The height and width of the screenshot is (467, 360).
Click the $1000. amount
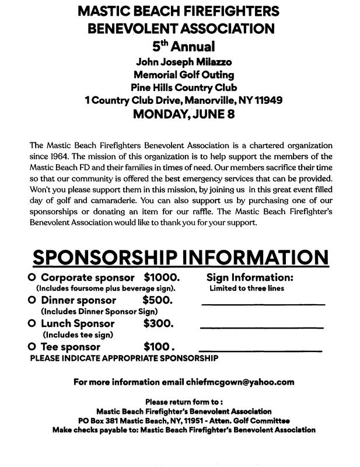click(x=162, y=277)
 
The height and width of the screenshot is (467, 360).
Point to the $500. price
click(x=158, y=301)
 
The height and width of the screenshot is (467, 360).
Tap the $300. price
click(x=158, y=323)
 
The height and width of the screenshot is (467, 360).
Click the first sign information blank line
click(x=263, y=304)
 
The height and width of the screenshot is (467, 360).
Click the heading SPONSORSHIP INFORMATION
click(x=180, y=258)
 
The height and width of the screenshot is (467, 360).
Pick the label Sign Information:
click(x=250, y=278)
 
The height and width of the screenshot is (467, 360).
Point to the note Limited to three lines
click(x=243, y=288)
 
